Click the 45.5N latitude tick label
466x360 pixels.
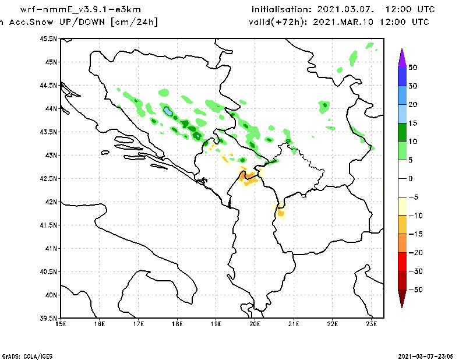(x=49, y=38)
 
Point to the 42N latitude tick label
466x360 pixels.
(x=51, y=202)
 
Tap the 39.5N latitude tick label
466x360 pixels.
(x=49, y=319)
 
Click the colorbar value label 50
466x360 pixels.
(x=412, y=68)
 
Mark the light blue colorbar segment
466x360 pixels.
(x=401, y=114)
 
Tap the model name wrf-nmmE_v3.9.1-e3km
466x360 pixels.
(x=80, y=10)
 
